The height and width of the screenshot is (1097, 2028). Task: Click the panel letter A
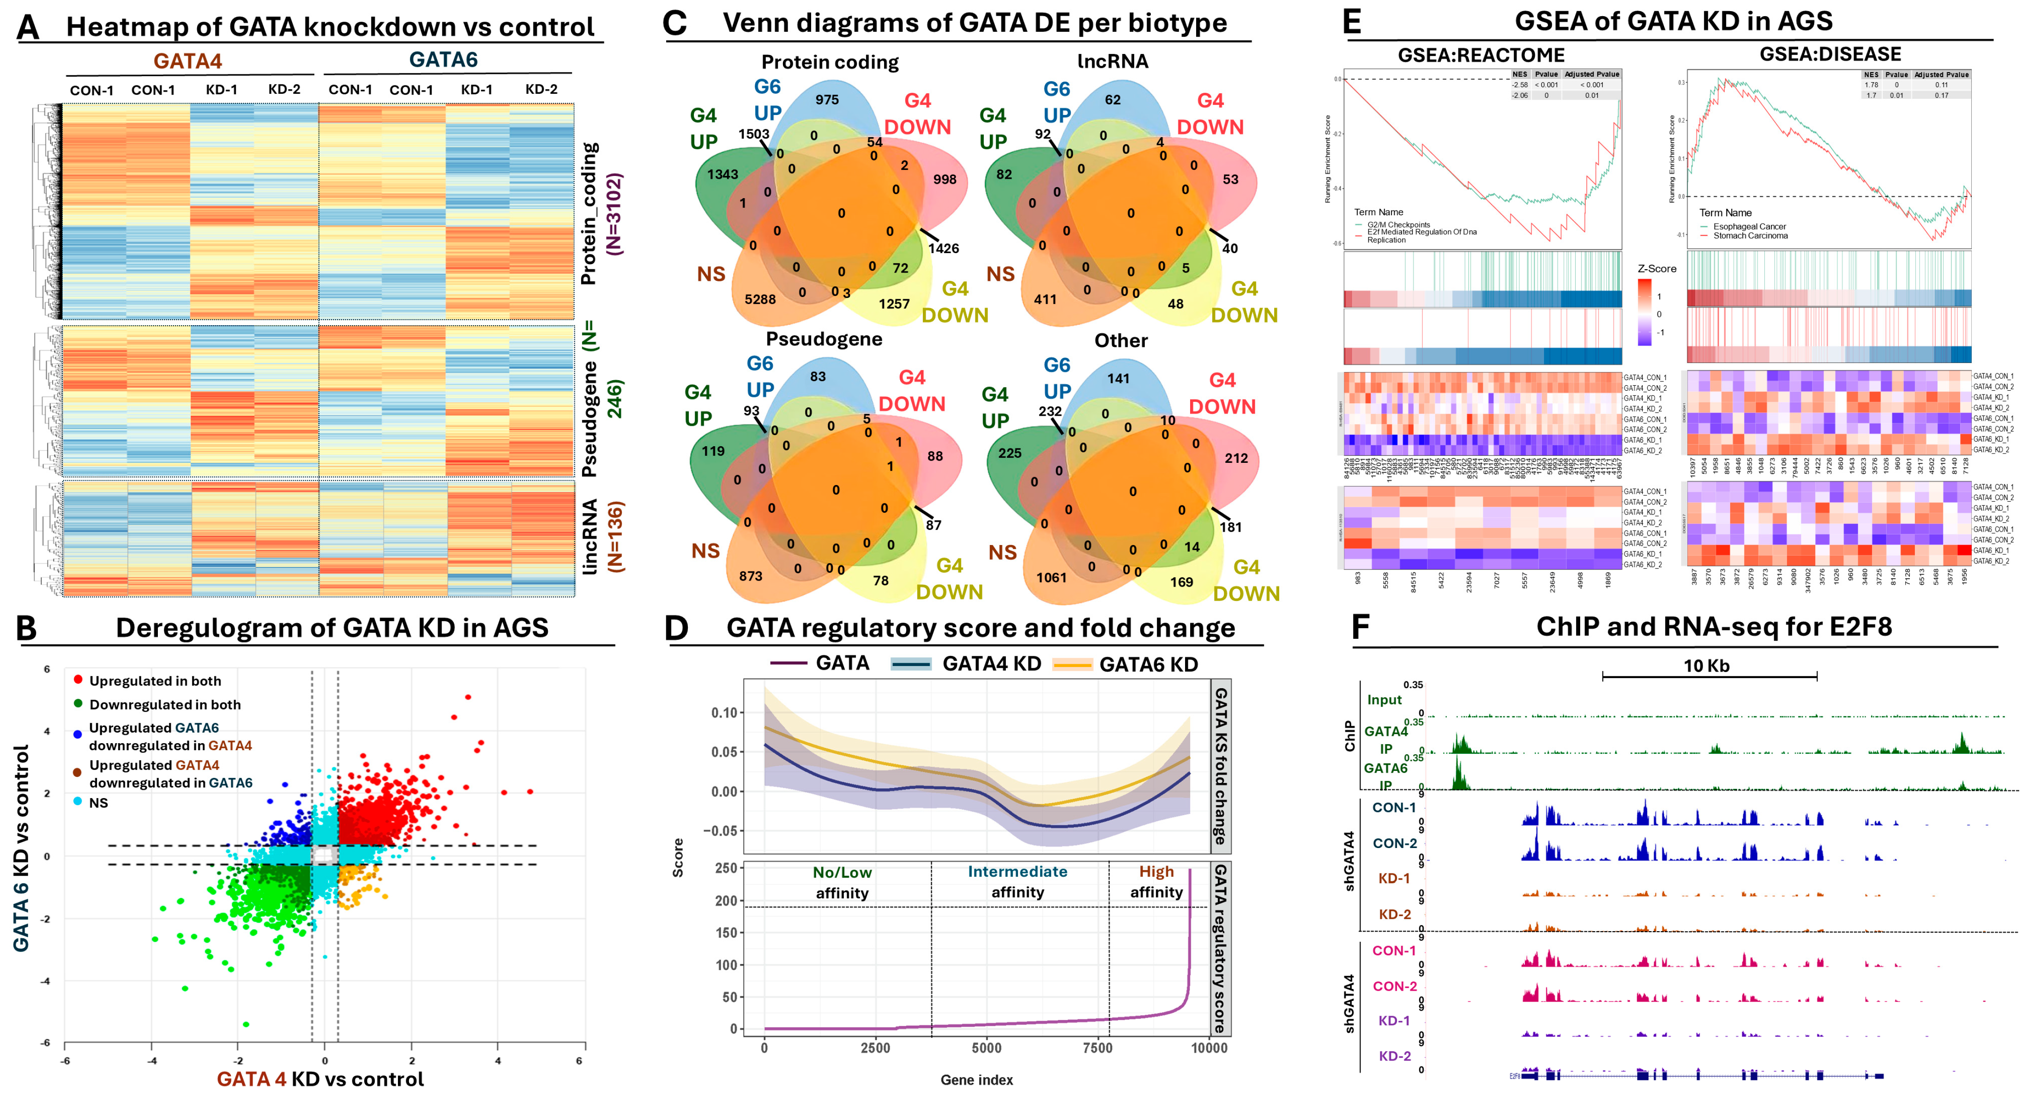(x=28, y=27)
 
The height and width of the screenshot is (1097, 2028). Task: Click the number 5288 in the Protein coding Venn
(x=760, y=299)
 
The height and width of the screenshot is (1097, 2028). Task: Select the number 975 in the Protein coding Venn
(x=827, y=100)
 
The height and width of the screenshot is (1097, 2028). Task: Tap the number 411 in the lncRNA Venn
(x=1045, y=299)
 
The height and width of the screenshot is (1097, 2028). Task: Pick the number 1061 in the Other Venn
(x=1051, y=578)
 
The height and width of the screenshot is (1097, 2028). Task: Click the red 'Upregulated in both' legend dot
(x=78, y=679)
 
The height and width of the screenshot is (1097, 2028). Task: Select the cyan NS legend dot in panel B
(x=78, y=802)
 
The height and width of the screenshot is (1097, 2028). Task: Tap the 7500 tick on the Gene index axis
(x=1097, y=1048)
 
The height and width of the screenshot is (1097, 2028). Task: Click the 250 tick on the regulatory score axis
(x=726, y=868)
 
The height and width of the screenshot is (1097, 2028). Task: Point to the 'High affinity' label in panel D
(x=1155, y=882)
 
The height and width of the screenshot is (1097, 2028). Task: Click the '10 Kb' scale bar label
(x=1706, y=666)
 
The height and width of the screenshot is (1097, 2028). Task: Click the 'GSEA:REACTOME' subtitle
(x=1481, y=55)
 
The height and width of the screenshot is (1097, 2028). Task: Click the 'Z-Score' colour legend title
(x=1656, y=268)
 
